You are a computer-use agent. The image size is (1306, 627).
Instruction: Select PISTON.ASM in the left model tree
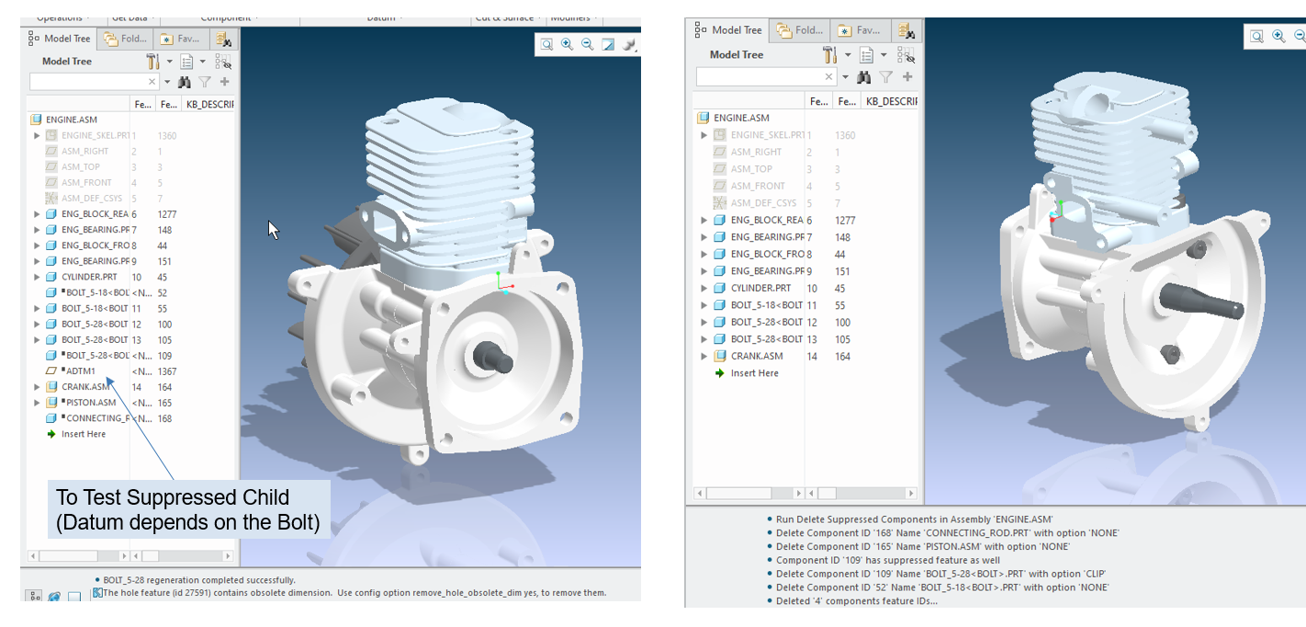pyautogui.click(x=88, y=403)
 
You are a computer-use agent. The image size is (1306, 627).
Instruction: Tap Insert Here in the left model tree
pyautogui.click(x=83, y=434)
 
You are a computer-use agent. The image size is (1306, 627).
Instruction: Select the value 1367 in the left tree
pyautogui.click(x=166, y=371)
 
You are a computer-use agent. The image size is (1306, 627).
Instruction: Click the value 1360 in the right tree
pyautogui.click(x=845, y=135)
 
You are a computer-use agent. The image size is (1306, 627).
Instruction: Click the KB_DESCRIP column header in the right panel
pyautogui.click(x=891, y=101)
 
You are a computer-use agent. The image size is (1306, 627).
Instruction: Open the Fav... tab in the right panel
pyautogui.click(x=861, y=30)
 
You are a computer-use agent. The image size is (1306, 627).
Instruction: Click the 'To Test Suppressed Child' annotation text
pyautogui.click(x=173, y=497)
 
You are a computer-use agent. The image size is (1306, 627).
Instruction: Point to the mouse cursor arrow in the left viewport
pyautogui.click(x=273, y=229)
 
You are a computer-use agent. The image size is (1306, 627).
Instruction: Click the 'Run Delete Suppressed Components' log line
pyautogui.click(x=914, y=519)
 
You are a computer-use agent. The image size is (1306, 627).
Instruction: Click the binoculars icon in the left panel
pyautogui.click(x=183, y=82)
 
